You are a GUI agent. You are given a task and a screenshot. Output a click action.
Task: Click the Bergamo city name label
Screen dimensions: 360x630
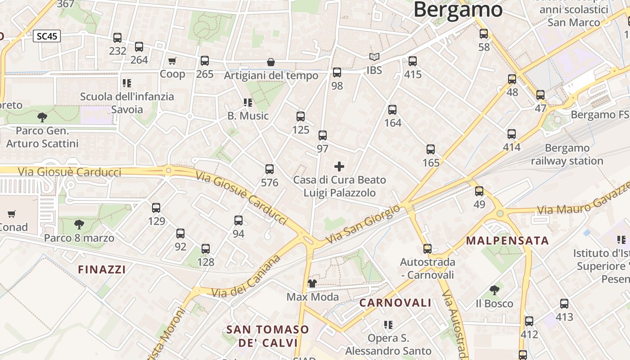coord(458,9)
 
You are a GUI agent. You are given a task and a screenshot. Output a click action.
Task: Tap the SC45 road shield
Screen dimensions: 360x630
coord(47,36)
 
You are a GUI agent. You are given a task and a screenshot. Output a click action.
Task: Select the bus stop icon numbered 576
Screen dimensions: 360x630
coord(270,169)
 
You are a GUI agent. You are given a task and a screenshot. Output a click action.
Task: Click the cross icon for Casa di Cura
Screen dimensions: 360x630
coord(339,167)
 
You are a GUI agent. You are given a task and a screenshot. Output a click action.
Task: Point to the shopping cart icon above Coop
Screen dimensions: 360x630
coord(172,61)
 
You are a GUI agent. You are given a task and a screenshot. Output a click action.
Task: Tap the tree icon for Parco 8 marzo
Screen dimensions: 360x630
coord(79,224)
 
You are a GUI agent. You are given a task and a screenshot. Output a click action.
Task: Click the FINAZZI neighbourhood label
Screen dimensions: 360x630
coord(102,270)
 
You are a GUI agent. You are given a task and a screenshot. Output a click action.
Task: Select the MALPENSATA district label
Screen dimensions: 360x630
coord(507,240)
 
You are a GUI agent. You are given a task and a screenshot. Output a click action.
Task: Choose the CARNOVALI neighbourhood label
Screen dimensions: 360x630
coord(395,303)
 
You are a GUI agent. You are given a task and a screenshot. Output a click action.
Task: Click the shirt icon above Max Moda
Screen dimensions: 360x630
coord(312,283)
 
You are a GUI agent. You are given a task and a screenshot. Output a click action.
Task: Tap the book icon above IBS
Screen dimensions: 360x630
coord(374,57)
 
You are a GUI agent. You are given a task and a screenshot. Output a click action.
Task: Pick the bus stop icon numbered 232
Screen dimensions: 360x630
coord(117,38)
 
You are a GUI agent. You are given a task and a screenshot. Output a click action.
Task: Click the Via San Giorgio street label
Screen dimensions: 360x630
coord(363,225)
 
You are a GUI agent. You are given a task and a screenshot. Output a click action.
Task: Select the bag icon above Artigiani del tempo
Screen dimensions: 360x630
coord(271,62)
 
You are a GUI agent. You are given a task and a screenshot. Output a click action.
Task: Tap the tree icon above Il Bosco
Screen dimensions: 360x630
coord(494,290)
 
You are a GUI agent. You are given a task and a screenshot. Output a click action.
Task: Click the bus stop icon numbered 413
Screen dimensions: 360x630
coord(564,304)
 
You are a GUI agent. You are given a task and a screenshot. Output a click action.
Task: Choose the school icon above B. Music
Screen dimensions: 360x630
coord(247,103)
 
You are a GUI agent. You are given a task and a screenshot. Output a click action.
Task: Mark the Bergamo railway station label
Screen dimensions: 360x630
coord(567,154)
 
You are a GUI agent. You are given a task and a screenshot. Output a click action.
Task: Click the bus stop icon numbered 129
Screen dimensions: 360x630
coord(156,208)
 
